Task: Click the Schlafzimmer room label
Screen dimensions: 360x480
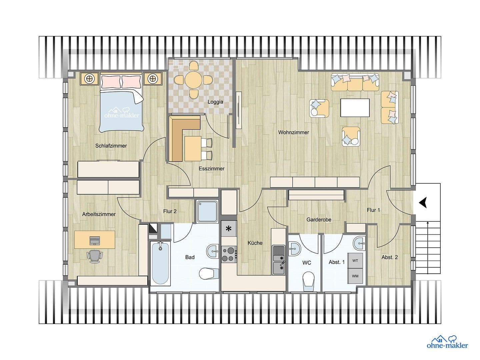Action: pyautogui.click(x=111, y=146)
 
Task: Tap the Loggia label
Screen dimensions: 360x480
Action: pyautogui.click(x=215, y=102)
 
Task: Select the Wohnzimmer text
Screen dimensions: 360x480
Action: pyautogui.click(x=293, y=132)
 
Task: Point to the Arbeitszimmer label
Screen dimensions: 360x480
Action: pyautogui.click(x=99, y=214)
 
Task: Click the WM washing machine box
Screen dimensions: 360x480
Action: pyautogui.click(x=355, y=276)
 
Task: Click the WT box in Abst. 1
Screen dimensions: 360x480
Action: pyautogui.click(x=355, y=260)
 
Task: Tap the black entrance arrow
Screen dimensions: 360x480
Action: pyautogui.click(x=423, y=202)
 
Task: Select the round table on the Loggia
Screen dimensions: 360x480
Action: pyautogui.click(x=193, y=80)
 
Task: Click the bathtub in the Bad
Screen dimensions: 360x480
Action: pyautogui.click(x=160, y=263)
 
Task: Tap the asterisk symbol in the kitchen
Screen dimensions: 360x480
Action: pyautogui.click(x=229, y=229)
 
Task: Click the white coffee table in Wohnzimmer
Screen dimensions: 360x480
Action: pyautogui.click(x=355, y=108)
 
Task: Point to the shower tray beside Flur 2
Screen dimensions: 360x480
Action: pyautogui.click(x=207, y=211)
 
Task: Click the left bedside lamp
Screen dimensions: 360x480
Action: pyautogui.click(x=89, y=79)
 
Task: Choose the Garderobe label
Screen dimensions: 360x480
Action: pyautogui.click(x=319, y=220)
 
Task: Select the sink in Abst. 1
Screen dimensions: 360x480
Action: pyautogui.click(x=359, y=244)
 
